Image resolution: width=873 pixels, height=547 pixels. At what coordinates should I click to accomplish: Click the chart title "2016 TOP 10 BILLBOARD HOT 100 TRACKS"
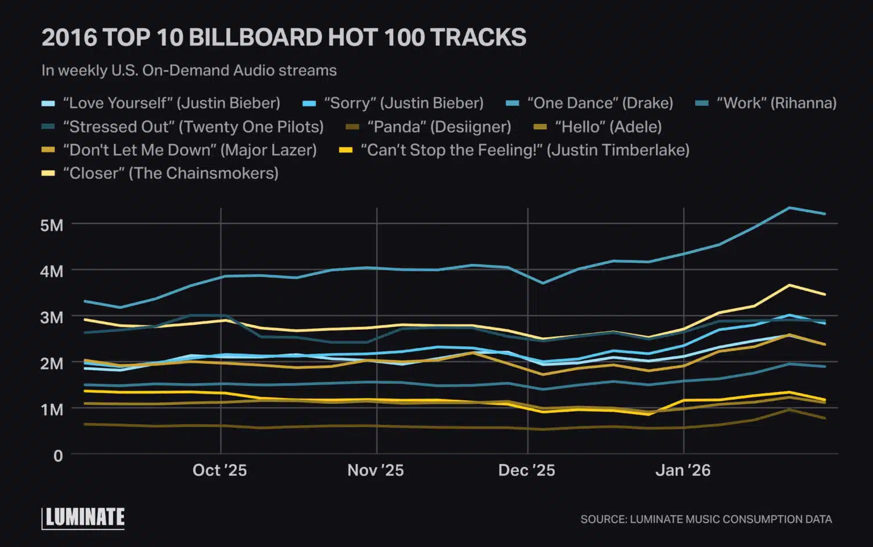click(x=284, y=38)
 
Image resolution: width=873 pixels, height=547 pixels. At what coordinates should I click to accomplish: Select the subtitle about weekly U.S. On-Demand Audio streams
click(x=189, y=71)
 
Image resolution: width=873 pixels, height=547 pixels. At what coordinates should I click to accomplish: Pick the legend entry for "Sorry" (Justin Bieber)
click(x=403, y=103)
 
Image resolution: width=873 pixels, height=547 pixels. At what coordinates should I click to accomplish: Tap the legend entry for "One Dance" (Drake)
click(x=600, y=103)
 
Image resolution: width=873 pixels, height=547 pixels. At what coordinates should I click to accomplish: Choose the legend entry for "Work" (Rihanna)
click(x=776, y=103)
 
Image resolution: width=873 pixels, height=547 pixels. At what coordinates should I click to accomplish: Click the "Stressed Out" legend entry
click(x=193, y=127)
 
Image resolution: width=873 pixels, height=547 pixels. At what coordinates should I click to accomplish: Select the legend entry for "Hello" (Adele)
click(x=608, y=127)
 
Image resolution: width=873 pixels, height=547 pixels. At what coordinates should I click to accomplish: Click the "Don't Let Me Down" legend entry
click(x=189, y=150)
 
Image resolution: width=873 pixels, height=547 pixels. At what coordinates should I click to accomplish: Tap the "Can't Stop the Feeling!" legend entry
click(x=525, y=150)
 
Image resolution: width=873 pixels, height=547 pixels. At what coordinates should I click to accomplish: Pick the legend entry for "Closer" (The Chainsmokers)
click(x=170, y=173)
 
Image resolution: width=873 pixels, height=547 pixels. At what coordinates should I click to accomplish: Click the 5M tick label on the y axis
click(x=52, y=225)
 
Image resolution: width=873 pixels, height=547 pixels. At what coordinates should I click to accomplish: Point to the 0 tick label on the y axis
click(x=57, y=455)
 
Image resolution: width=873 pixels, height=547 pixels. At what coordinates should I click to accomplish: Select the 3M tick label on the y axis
click(x=52, y=317)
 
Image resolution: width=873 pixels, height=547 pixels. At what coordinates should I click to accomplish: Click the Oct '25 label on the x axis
click(x=220, y=470)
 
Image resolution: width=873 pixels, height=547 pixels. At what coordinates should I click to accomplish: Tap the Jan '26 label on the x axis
click(x=683, y=470)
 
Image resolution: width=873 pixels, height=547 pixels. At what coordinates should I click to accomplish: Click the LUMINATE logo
click(x=84, y=517)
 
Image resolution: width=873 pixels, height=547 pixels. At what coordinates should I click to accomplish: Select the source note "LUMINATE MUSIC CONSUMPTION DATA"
click(x=706, y=519)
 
